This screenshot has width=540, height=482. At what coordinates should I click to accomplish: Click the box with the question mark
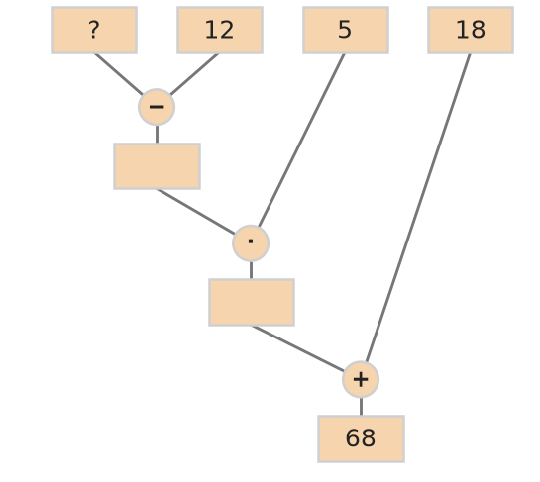point(94,31)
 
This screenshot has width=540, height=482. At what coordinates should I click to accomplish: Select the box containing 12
point(220,31)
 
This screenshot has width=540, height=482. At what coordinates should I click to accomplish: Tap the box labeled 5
point(346,31)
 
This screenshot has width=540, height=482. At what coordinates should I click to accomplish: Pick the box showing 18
point(471,31)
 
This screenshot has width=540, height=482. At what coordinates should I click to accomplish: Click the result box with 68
point(361,439)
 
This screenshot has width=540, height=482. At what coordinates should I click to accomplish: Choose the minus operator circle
point(157,107)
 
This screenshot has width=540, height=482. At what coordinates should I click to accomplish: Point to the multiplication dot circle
point(251,243)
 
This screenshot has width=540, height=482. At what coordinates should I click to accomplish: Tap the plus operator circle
point(361,379)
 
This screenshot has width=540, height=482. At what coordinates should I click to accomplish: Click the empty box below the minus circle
point(157,166)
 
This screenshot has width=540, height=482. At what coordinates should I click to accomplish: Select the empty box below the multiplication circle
point(252,303)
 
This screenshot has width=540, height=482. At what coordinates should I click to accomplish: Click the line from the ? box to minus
point(119,74)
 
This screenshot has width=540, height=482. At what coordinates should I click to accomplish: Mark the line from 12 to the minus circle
point(194,74)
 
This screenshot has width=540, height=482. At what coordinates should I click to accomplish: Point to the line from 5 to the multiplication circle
point(301,140)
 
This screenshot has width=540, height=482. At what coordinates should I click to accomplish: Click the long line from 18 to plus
point(418,208)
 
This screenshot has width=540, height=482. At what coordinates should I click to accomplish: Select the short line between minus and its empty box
point(157,135)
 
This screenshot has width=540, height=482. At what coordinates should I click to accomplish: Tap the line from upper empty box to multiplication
point(195,212)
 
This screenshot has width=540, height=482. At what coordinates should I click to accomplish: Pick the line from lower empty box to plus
point(297,348)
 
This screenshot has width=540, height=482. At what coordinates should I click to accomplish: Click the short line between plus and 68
point(361,407)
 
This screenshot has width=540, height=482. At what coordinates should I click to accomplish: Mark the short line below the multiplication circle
point(251,270)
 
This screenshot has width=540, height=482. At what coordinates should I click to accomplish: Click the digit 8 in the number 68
point(369,438)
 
